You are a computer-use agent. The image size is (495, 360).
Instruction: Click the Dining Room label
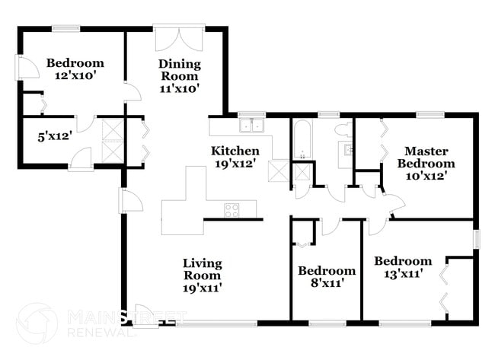pos(179,69)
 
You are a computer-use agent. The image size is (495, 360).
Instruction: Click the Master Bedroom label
pos(430,158)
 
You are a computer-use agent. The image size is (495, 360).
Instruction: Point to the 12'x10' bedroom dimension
pos(75,76)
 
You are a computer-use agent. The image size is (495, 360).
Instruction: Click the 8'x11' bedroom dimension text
pos(326,283)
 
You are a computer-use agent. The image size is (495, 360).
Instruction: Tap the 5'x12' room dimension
pos(54,138)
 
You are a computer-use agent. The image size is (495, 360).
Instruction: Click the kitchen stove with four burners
pos(232,210)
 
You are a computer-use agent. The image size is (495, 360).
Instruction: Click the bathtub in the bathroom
pos(302,139)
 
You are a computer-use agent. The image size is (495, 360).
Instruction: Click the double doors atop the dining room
pos(179,39)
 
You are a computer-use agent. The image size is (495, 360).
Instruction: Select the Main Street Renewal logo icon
pos(36,323)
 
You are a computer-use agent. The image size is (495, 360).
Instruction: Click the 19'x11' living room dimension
pos(203,288)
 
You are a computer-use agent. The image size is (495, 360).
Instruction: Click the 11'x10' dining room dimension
pos(179,88)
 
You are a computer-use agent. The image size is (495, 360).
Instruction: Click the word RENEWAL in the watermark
pos(102,333)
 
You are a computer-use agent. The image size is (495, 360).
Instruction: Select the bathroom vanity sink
pos(349,149)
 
